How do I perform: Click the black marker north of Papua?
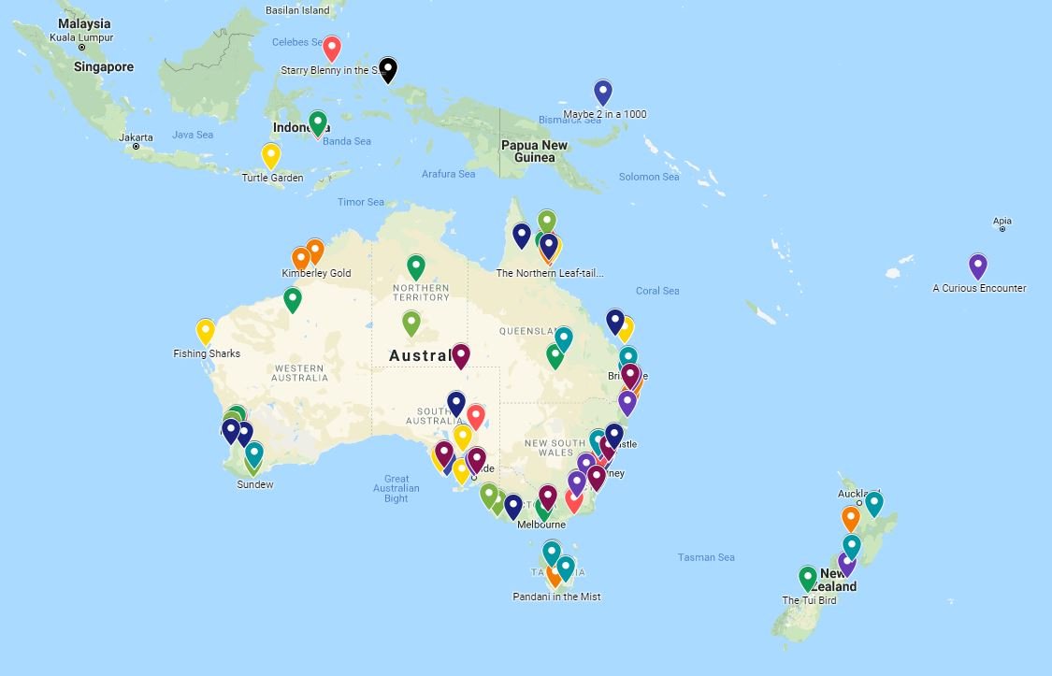click(x=388, y=69)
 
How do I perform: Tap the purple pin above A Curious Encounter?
click(x=977, y=266)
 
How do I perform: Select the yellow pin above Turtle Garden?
click(x=270, y=155)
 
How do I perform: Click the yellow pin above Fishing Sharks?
click(x=206, y=331)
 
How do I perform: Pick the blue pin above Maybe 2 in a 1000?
click(x=603, y=93)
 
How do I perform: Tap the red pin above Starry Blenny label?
click(x=331, y=49)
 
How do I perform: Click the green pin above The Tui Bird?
click(x=808, y=578)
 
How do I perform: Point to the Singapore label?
click(x=104, y=67)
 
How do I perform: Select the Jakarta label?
click(x=136, y=137)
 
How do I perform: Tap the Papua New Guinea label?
click(x=534, y=151)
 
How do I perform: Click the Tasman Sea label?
click(x=706, y=557)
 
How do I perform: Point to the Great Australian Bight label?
click(x=396, y=488)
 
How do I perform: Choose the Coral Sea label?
click(x=657, y=291)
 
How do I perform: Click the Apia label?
click(x=1002, y=223)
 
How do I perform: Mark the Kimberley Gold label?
click(x=316, y=273)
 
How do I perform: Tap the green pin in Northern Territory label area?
click(x=416, y=267)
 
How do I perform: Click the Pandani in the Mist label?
click(x=556, y=597)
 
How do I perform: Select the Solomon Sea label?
click(x=649, y=177)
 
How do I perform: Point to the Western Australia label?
click(x=300, y=372)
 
